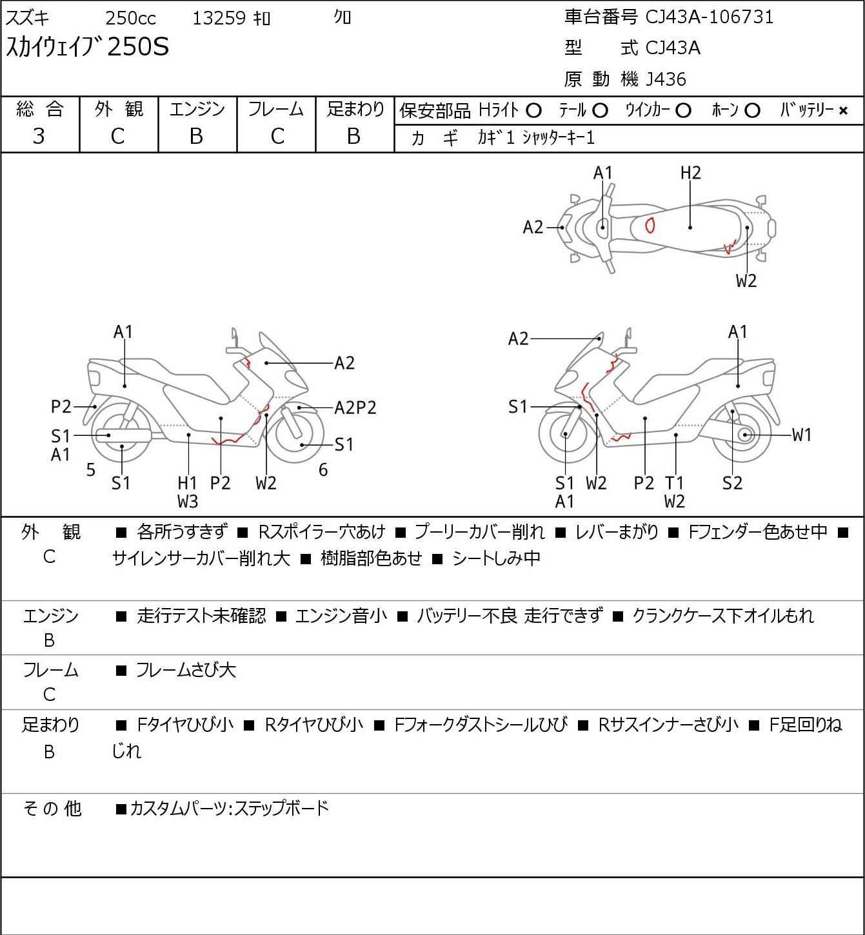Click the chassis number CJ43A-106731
[x=709, y=17]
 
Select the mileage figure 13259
[x=219, y=18]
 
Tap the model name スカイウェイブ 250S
[x=87, y=47]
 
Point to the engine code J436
[x=666, y=79]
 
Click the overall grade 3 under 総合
[x=39, y=136]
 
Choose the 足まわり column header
[x=355, y=110]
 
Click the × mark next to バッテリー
[x=843, y=111]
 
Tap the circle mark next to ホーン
[x=752, y=111]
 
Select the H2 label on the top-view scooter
[x=690, y=173]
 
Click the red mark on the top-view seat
[x=650, y=225]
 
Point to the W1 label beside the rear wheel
[x=801, y=435]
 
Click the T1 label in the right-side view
[x=675, y=482]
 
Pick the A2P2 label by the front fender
[x=355, y=408]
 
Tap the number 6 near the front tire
[x=323, y=470]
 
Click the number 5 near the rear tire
[x=91, y=470]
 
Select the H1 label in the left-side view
[x=188, y=482]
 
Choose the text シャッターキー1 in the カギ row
[x=558, y=137]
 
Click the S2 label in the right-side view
[x=732, y=482]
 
